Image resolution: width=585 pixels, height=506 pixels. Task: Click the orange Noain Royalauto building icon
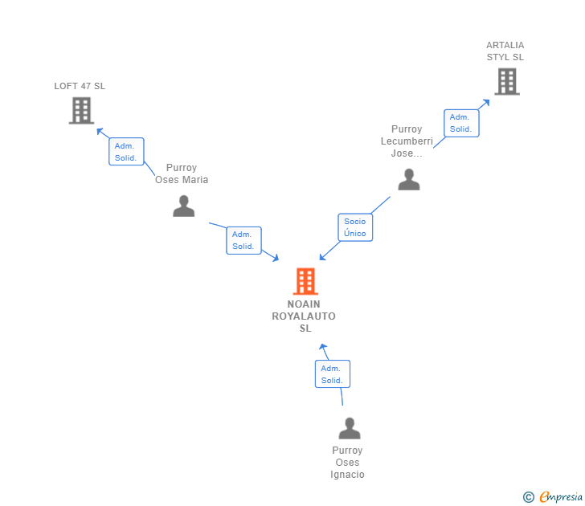(x=305, y=282)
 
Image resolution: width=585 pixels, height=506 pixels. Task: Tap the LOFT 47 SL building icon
(x=81, y=111)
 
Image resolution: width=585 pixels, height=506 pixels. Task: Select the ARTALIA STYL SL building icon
(x=506, y=81)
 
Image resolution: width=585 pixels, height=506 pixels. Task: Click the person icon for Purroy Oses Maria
(x=183, y=206)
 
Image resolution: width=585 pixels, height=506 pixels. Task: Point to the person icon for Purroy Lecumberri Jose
(x=409, y=179)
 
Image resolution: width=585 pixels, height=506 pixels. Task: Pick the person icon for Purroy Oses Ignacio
(x=349, y=428)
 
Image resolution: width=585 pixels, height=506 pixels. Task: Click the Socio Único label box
(x=355, y=227)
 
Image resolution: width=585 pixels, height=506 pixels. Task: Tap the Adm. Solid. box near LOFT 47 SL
(x=126, y=152)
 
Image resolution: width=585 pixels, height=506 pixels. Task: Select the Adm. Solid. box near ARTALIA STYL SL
(x=461, y=123)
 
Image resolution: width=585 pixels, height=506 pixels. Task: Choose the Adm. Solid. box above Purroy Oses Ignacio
(x=332, y=374)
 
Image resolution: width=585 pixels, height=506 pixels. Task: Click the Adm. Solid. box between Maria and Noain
(x=243, y=240)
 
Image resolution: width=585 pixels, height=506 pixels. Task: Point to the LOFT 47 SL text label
(x=80, y=86)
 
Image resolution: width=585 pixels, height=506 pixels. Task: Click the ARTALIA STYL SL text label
(x=505, y=51)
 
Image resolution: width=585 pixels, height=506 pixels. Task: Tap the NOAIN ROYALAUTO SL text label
(x=304, y=316)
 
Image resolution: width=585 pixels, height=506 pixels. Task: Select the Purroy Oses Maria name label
(x=182, y=174)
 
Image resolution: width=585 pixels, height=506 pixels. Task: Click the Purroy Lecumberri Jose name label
(x=407, y=141)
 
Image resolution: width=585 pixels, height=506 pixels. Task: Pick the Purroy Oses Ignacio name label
(x=347, y=463)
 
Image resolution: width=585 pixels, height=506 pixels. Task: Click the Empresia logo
(x=561, y=497)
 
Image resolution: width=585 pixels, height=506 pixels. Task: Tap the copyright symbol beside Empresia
(x=529, y=497)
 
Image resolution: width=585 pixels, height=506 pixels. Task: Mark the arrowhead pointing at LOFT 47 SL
(x=100, y=130)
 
